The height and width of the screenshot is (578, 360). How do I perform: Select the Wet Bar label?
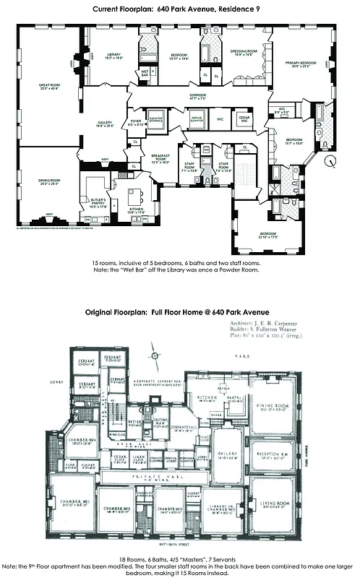click(x=145, y=73)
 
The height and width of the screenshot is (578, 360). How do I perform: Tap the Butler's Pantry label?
click(x=98, y=202)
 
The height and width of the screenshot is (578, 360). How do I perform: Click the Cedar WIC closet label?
click(x=243, y=118)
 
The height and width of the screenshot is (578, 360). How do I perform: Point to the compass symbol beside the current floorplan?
click(x=330, y=161)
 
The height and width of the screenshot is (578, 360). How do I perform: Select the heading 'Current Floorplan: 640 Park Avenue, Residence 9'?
click(x=180, y=9)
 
